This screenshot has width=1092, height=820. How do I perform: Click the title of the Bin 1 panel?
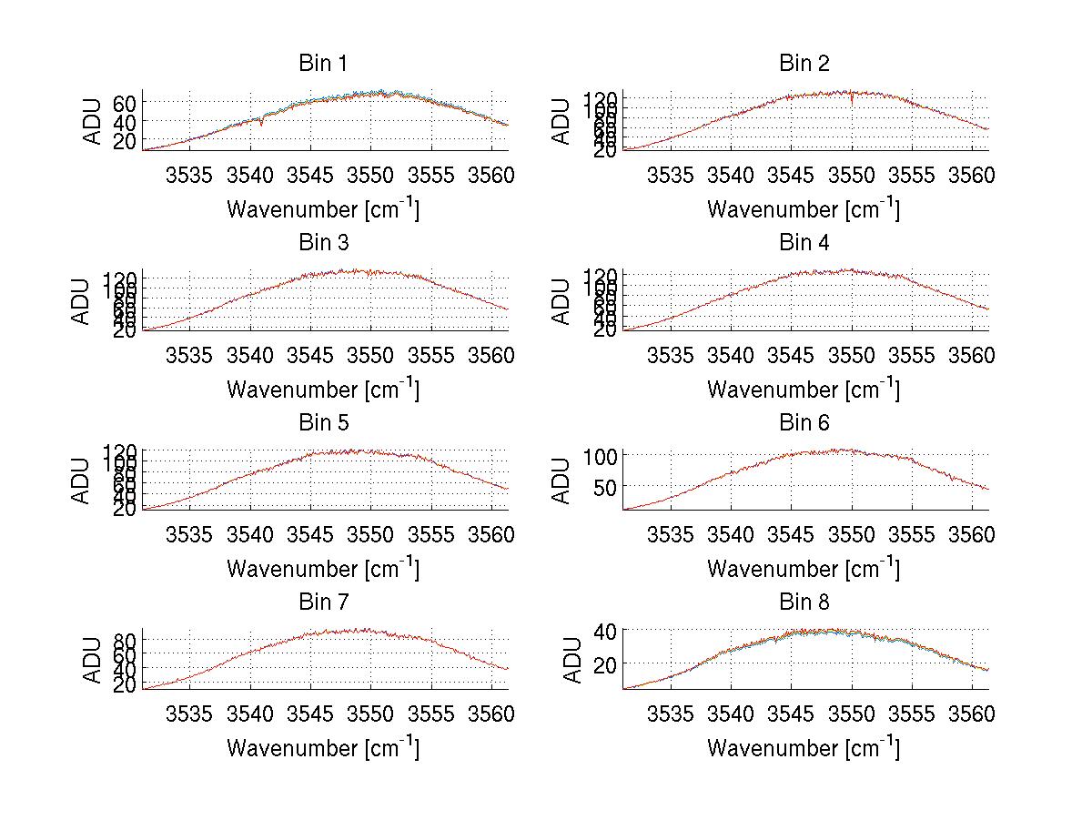click(322, 64)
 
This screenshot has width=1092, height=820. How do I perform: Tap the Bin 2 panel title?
click(804, 64)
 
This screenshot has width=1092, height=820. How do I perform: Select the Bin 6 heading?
click(804, 423)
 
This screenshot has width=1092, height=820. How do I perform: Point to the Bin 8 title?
click(804, 602)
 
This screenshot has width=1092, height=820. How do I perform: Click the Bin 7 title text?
click(322, 602)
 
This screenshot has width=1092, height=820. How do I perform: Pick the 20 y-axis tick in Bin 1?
click(125, 140)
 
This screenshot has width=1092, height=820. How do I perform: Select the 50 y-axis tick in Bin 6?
click(605, 487)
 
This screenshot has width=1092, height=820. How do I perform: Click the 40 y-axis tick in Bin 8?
click(605, 630)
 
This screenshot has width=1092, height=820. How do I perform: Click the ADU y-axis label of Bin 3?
click(82, 300)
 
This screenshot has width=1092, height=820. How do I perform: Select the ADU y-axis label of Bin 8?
click(571, 660)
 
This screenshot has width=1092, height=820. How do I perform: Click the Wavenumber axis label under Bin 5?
click(322, 569)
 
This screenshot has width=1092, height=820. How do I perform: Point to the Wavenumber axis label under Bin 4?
click(804, 390)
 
